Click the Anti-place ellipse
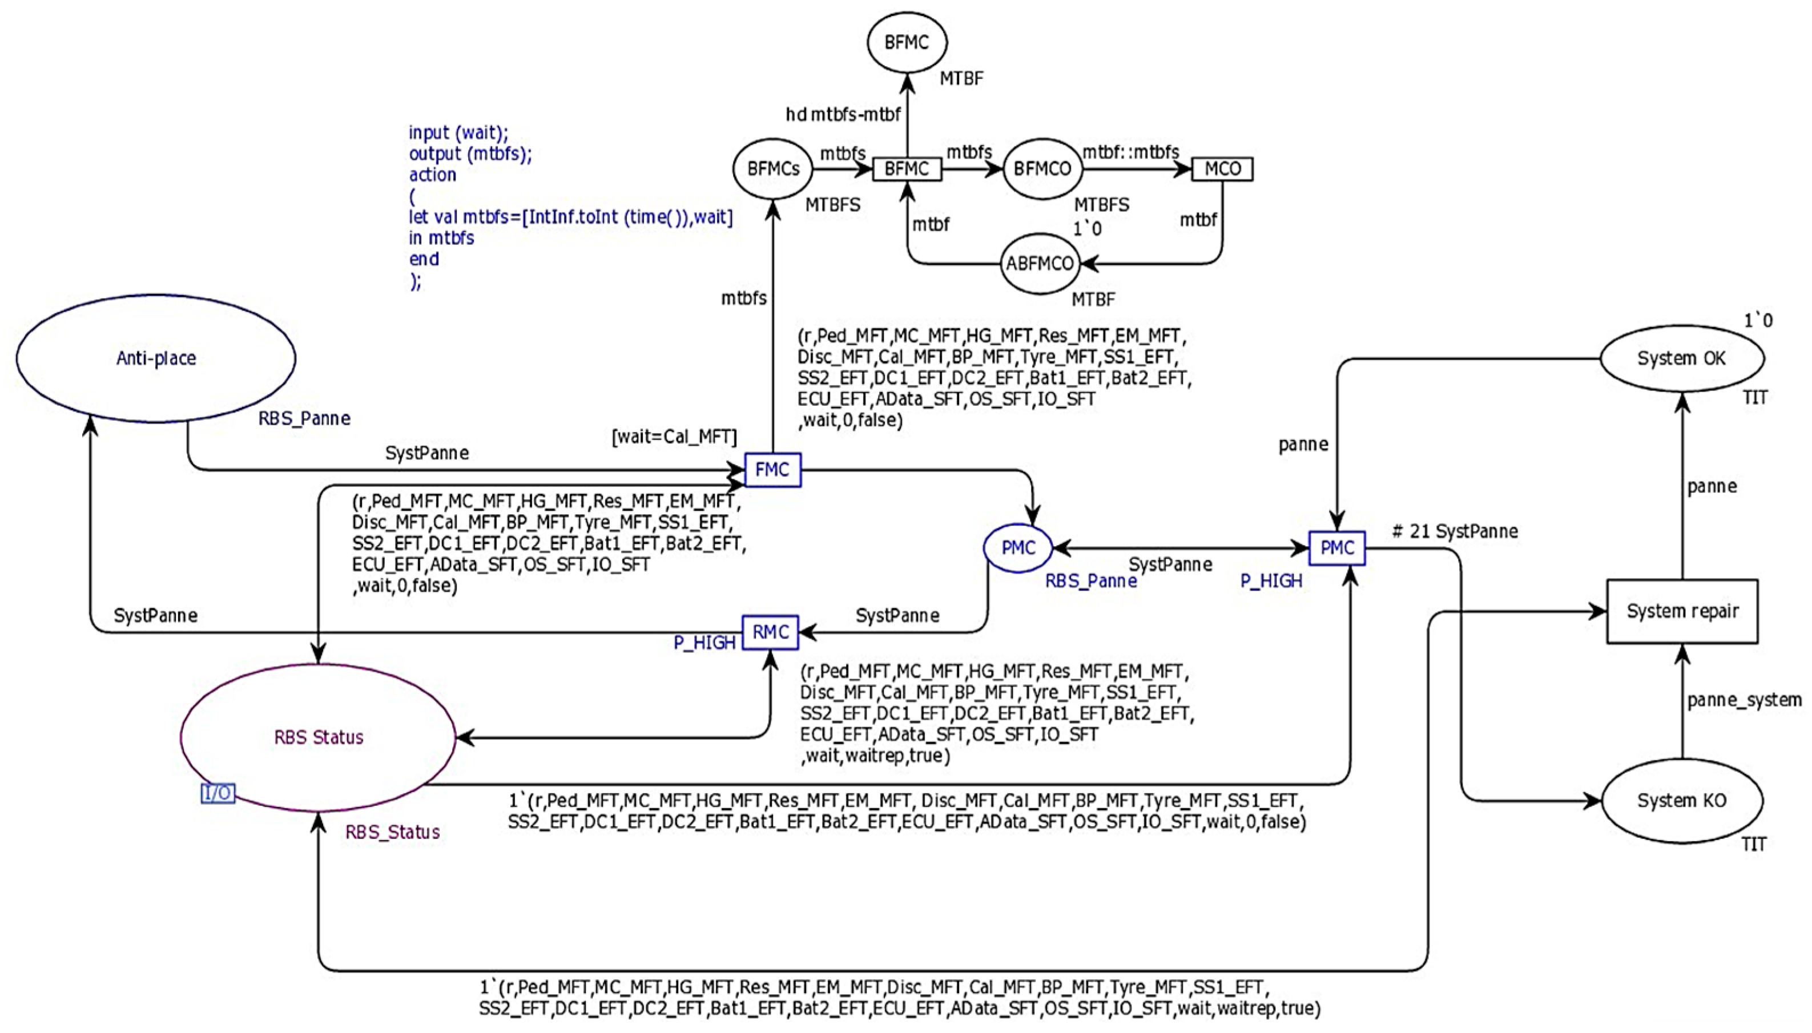coord(156,358)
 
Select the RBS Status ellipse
coord(318,737)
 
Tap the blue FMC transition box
coord(772,470)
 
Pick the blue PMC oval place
coord(1018,548)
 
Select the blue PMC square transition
coord(1336,548)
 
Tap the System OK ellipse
coord(1681,358)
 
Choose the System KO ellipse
coord(1681,801)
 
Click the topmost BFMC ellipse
coord(907,43)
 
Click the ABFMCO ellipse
coord(1040,264)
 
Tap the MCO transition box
coord(1222,169)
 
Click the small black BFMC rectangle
coord(907,169)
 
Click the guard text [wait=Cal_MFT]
coord(674,437)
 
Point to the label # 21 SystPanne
coord(1455,531)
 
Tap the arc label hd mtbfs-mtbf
coord(843,114)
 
